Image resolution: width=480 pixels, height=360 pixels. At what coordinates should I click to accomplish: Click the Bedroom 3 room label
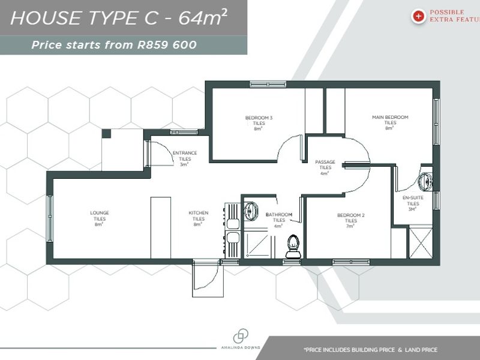[259, 118]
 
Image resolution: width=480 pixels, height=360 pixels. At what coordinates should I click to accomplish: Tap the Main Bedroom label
[390, 118]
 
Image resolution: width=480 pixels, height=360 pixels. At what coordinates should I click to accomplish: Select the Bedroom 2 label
[351, 215]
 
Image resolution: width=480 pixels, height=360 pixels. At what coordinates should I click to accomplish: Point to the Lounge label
[100, 213]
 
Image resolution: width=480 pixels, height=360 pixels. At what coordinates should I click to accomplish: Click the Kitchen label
[199, 213]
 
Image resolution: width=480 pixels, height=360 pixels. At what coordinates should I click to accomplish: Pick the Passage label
[325, 163]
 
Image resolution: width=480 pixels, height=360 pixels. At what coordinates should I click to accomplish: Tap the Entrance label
[185, 153]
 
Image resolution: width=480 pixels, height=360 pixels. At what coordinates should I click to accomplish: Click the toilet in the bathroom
[293, 245]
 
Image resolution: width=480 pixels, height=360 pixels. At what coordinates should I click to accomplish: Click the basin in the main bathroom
[250, 210]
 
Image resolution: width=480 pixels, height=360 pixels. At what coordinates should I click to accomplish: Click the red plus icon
[418, 16]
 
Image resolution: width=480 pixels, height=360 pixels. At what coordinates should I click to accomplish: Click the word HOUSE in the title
[40, 18]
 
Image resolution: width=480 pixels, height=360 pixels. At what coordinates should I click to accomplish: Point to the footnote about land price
[370, 349]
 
